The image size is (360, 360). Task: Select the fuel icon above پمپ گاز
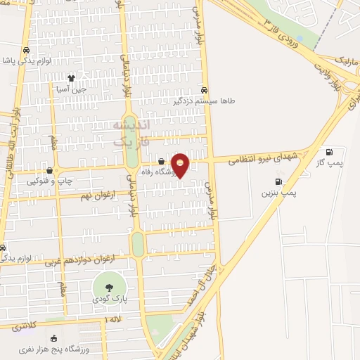click(x=328, y=152)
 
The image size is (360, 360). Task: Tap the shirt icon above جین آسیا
click(x=70, y=77)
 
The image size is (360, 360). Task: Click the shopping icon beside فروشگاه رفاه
click(x=161, y=162)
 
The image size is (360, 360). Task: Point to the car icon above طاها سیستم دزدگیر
click(x=204, y=90)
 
